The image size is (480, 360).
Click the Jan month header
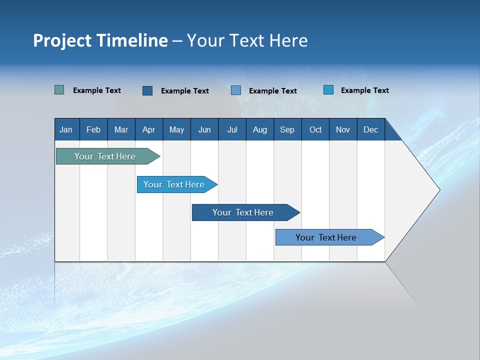66,129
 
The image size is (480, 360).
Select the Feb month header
93,129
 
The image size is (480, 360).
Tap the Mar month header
121,129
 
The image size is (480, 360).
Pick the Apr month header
149,129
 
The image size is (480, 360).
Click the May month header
176,129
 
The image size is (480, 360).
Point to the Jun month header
204,129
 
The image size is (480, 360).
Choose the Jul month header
232,129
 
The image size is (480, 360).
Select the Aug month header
259,129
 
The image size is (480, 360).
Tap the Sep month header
287,129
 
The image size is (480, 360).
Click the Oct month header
315,129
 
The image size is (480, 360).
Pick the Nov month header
343,129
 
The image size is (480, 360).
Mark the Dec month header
370,129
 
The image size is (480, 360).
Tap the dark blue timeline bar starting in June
243,212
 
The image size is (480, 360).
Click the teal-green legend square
59,90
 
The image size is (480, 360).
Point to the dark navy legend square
147,90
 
